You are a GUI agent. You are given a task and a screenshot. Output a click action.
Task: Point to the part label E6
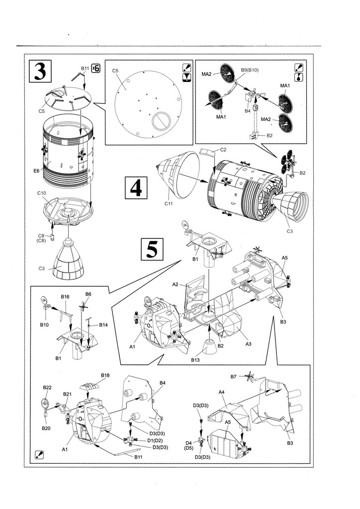36,170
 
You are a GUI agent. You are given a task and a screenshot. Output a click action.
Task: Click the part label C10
42,193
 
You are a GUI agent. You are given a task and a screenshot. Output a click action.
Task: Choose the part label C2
223,149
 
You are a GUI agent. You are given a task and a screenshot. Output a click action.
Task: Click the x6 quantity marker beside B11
95,68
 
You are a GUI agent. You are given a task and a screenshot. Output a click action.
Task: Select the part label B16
65,297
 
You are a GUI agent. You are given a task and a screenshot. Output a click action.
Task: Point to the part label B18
105,375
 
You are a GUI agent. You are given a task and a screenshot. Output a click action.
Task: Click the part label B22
47,387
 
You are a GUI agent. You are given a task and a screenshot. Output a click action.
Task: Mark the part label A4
222,392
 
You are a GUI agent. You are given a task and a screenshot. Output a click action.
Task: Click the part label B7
234,376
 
